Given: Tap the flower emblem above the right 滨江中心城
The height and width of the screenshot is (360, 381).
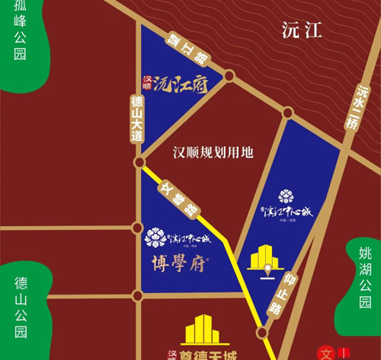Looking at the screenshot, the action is pos(286,196).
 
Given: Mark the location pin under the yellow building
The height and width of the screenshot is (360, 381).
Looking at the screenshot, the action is pos(267,271).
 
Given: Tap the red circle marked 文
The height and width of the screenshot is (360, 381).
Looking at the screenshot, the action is pos(327,353).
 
